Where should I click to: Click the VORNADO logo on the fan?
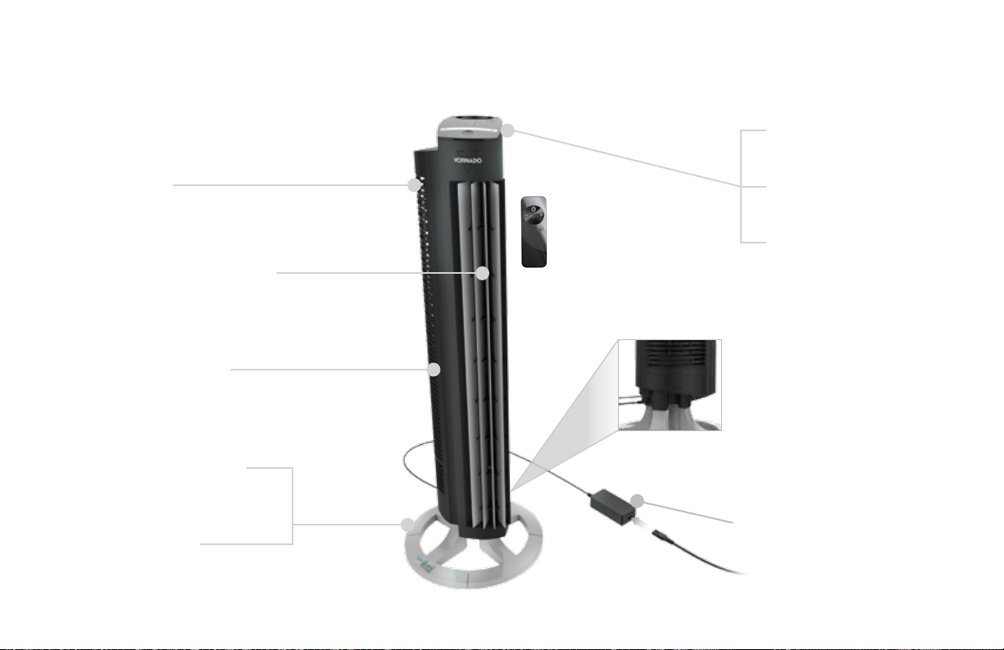tap(467, 160)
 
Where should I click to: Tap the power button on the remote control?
tap(534, 209)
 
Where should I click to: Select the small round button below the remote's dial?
tap(540, 229)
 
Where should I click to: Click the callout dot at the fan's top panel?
tap(507, 130)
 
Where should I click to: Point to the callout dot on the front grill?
tap(482, 273)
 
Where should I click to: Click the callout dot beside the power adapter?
tap(637, 501)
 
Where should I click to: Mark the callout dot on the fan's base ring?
tap(407, 525)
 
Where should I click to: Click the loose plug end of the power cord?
tap(660, 534)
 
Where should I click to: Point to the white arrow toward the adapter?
tap(640, 523)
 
